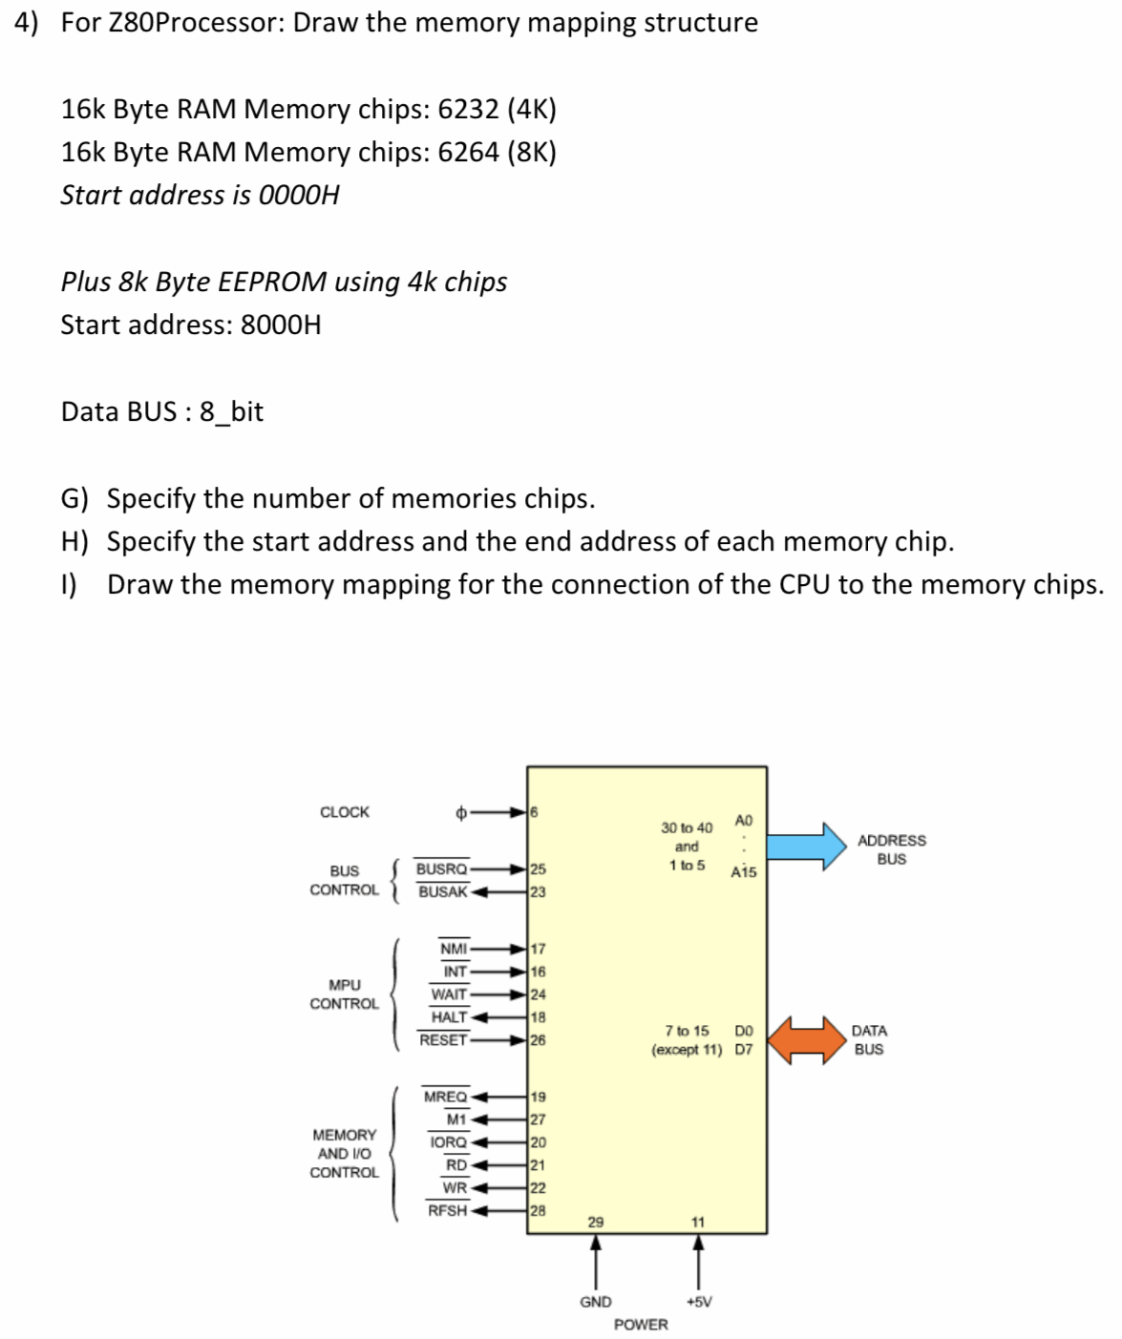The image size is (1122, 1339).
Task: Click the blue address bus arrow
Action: [808, 847]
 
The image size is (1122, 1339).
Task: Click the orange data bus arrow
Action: [808, 1039]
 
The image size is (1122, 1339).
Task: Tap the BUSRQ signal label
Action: [441, 869]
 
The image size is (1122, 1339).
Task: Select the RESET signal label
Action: [443, 1040]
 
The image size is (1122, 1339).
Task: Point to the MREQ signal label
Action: [445, 1098]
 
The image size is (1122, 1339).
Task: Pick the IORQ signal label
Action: [448, 1142]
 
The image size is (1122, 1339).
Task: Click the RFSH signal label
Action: [447, 1211]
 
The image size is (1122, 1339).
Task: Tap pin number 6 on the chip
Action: [534, 812]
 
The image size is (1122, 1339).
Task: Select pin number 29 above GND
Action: [595, 1223]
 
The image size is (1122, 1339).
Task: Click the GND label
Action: [596, 1302]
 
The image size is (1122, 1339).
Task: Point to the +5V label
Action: [698, 1302]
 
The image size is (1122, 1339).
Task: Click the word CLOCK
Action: [344, 812]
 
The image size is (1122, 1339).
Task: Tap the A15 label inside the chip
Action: [743, 872]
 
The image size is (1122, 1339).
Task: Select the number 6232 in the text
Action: [468, 110]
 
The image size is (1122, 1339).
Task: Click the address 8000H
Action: [281, 325]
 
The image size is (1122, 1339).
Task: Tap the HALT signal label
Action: [449, 1017]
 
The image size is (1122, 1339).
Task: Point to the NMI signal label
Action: [454, 949]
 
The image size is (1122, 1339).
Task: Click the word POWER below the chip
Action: [641, 1325]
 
